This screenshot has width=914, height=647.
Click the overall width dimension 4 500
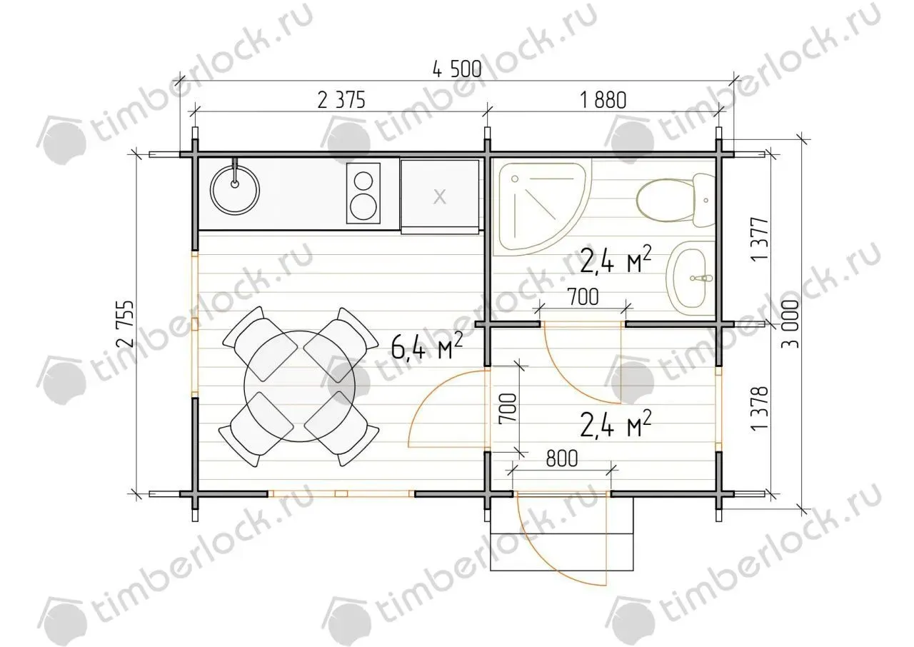tap(457, 69)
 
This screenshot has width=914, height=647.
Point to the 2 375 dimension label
tap(341, 101)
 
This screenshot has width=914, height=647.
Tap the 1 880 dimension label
tap(603, 101)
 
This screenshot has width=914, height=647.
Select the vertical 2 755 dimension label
tap(125, 323)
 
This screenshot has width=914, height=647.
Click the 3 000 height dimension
tap(790, 323)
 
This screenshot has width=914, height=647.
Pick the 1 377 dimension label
tap(760, 239)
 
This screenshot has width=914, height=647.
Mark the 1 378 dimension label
tap(760, 408)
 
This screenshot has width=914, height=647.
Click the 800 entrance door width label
tap(562, 458)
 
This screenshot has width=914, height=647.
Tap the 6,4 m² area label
tap(426, 346)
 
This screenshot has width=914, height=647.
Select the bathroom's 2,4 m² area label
tap(615, 260)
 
